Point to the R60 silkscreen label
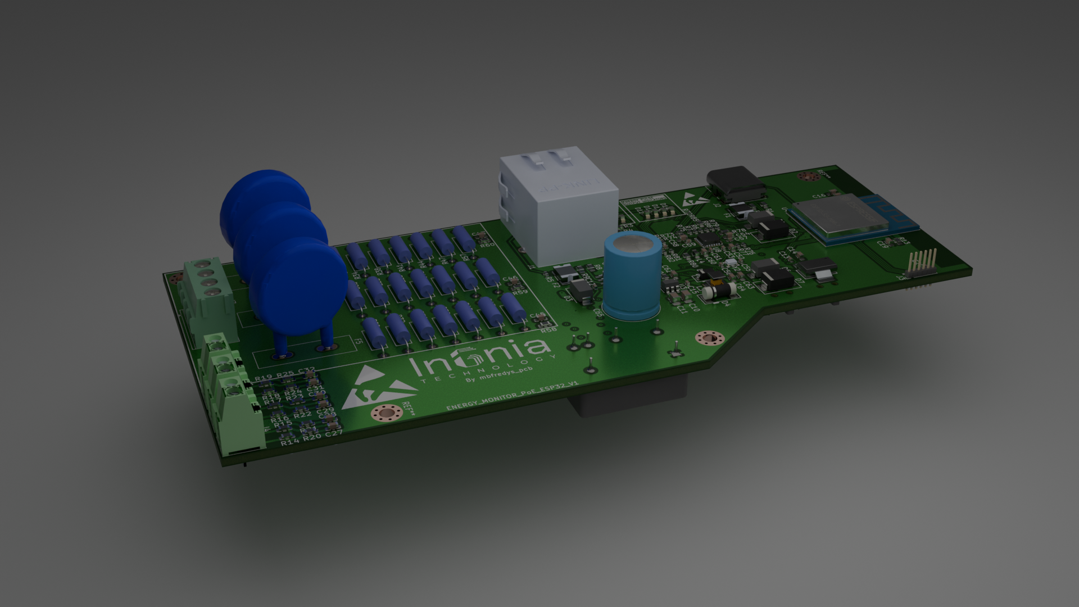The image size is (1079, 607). click(x=487, y=245)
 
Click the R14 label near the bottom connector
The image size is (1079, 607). click(x=290, y=442)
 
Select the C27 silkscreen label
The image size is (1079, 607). click(x=333, y=433)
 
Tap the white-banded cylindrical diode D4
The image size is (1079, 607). click(x=719, y=291)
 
